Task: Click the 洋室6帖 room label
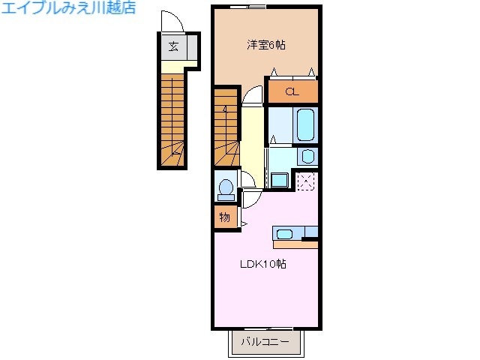pos(266,45)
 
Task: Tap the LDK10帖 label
pos(262,264)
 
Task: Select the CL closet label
pos(292,92)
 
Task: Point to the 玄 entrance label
pos(173,46)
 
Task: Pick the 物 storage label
pos(224,217)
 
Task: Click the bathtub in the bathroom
pos(307,124)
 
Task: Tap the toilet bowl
pos(225,187)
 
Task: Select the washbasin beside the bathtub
pos(307,157)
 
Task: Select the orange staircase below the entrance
pos(172,120)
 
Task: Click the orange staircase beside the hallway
pos(226,127)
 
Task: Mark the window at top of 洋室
pos(247,7)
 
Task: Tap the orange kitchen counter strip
pos(295,244)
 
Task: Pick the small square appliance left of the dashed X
pos(280,180)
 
